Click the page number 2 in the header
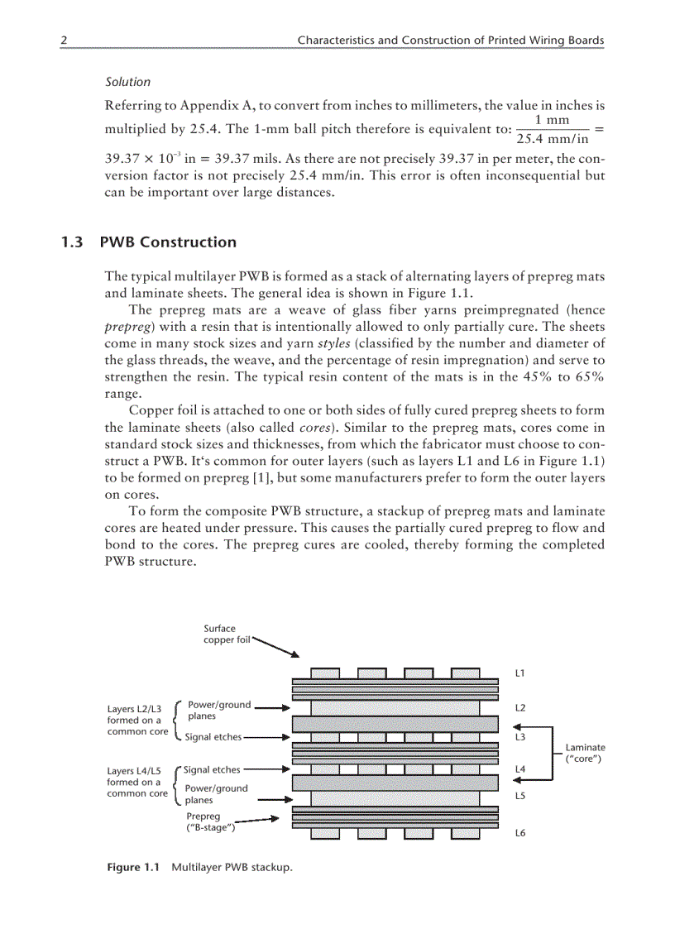pyautogui.click(x=63, y=40)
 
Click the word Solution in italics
pyautogui.click(x=127, y=82)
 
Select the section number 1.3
pyautogui.click(x=72, y=242)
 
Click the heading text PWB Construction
pyautogui.click(x=168, y=242)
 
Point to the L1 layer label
pyautogui.click(x=519, y=673)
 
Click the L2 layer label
pyautogui.click(x=519, y=708)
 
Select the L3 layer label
pyautogui.click(x=519, y=736)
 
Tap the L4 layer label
pyautogui.click(x=519, y=769)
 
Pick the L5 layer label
pyautogui.click(x=519, y=796)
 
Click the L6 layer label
pyautogui.click(x=519, y=833)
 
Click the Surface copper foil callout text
pyautogui.click(x=226, y=634)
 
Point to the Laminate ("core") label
pyautogui.click(x=584, y=753)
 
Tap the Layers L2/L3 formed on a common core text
pyautogui.click(x=137, y=720)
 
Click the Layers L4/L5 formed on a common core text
pyautogui.click(x=137, y=782)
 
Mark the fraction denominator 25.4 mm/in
pyautogui.click(x=553, y=138)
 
